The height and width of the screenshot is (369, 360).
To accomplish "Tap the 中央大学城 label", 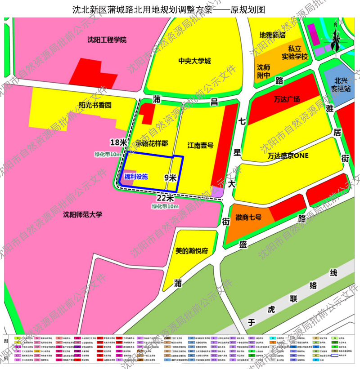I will click(194, 61).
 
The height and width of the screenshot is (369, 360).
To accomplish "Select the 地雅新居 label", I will click(272, 35).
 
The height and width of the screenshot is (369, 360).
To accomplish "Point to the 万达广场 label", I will click(287, 99).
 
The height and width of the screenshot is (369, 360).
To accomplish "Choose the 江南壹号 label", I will click(200, 145).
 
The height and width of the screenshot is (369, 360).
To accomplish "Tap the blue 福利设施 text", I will click(136, 177).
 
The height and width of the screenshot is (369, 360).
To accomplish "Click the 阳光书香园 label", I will click(95, 105).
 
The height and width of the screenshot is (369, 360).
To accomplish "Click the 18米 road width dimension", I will click(119, 142).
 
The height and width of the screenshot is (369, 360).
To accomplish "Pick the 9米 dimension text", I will click(170, 178).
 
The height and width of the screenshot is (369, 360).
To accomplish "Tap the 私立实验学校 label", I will click(295, 52).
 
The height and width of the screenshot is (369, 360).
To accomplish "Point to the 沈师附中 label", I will click(264, 71).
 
